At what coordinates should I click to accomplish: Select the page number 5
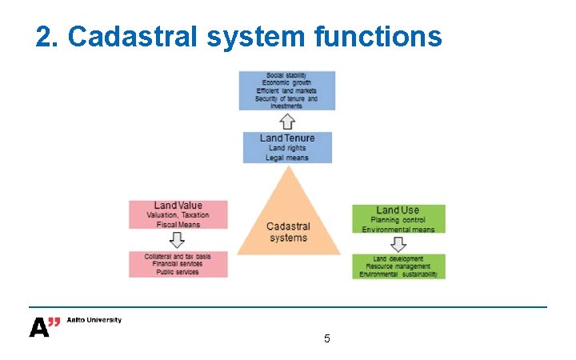pyautogui.click(x=326, y=338)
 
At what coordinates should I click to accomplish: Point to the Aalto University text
pyautogui.click(x=94, y=320)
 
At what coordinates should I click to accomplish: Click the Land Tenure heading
pyautogui.click(x=287, y=138)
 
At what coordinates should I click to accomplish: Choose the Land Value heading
pyautogui.click(x=178, y=206)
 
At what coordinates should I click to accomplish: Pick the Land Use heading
pyautogui.click(x=398, y=210)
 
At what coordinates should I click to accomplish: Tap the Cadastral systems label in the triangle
pyautogui.click(x=288, y=232)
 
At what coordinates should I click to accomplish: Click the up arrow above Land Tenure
pyautogui.click(x=287, y=121)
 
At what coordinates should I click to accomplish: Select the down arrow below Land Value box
pyautogui.click(x=178, y=240)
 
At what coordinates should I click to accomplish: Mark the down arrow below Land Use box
pyautogui.click(x=398, y=244)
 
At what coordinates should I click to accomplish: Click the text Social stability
pyautogui.click(x=287, y=75)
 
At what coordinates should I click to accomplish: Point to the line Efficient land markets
pyautogui.click(x=287, y=90)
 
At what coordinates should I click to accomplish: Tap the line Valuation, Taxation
pyautogui.click(x=178, y=215)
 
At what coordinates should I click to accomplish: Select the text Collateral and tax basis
pyautogui.click(x=178, y=256)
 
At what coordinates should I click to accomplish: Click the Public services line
pyautogui.click(x=178, y=272)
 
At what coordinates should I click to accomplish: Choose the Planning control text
pyautogui.click(x=398, y=220)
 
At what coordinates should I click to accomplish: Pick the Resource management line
pyautogui.click(x=398, y=266)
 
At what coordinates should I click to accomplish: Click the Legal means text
pyautogui.click(x=287, y=158)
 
